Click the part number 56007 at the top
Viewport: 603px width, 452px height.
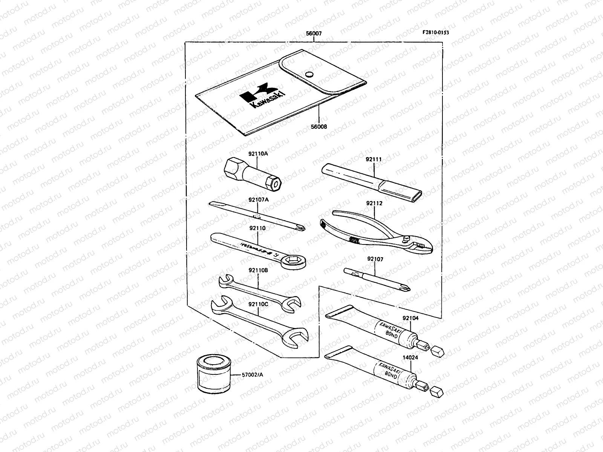coord(314,34)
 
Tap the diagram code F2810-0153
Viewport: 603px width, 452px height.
coord(435,32)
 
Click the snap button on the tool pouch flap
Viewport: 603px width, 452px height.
coord(310,74)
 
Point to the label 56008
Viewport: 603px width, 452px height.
coord(319,127)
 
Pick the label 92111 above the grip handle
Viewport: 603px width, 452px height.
coord(373,159)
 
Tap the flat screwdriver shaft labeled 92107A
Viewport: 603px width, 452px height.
coord(256,217)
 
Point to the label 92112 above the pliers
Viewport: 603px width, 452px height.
coord(374,203)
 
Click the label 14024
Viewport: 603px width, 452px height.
coord(410,358)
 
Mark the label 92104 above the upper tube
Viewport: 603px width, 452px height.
coord(410,318)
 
